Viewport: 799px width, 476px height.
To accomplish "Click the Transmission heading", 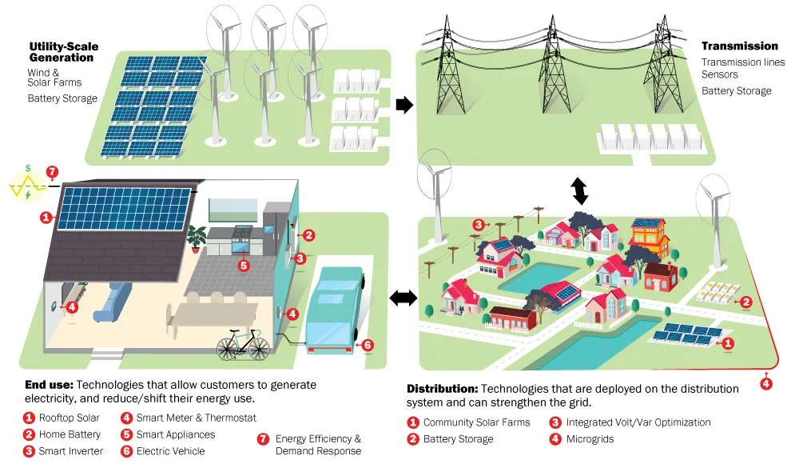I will [x=739, y=46].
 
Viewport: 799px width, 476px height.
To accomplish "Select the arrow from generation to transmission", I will [x=405, y=105].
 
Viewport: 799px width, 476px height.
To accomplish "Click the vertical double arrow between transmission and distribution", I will [x=579, y=191].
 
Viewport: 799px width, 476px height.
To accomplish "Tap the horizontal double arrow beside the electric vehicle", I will [x=403, y=298].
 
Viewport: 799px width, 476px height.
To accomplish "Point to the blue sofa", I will [x=113, y=302].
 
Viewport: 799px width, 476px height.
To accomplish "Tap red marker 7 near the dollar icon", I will [x=53, y=172].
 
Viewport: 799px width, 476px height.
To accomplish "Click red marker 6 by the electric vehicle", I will [x=368, y=345].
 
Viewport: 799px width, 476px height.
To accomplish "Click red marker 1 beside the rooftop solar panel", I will [x=46, y=217].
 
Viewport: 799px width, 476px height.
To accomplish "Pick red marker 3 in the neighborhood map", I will [x=479, y=225].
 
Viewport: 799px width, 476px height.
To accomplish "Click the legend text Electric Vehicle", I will [x=170, y=451].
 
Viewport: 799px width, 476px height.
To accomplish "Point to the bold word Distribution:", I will [x=442, y=388].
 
